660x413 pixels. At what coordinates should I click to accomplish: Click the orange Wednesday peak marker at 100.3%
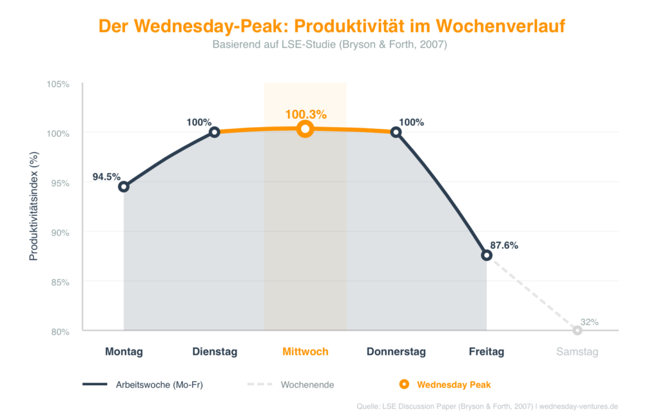point(306,129)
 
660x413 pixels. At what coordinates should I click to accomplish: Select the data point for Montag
point(124,186)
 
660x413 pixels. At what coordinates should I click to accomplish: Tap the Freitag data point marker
point(487,255)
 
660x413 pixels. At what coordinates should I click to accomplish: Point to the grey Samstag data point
point(577,330)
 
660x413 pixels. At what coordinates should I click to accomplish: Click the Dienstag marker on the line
point(215,132)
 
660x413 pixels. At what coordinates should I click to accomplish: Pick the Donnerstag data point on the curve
point(396,132)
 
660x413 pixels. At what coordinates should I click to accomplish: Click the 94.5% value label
point(106,176)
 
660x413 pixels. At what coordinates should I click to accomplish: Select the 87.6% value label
point(504,245)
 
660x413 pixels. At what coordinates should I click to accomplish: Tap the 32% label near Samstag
point(589,321)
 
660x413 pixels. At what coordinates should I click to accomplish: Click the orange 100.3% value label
point(306,114)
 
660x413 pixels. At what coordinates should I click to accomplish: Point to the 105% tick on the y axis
point(57,84)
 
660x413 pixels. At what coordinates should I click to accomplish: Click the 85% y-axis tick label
point(59,282)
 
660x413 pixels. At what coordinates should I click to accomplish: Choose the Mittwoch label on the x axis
point(306,352)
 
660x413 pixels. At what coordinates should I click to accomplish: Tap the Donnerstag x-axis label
point(396,352)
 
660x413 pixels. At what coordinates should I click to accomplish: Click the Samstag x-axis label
point(577,352)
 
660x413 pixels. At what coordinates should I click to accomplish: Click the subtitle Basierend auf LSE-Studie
point(329,45)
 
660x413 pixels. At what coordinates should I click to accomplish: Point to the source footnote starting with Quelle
point(487,406)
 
